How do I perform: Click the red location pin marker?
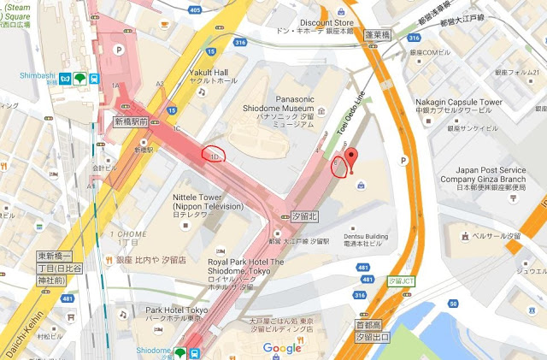(x=350, y=160)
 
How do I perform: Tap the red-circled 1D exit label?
(x=216, y=156)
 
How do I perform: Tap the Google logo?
(x=282, y=348)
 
